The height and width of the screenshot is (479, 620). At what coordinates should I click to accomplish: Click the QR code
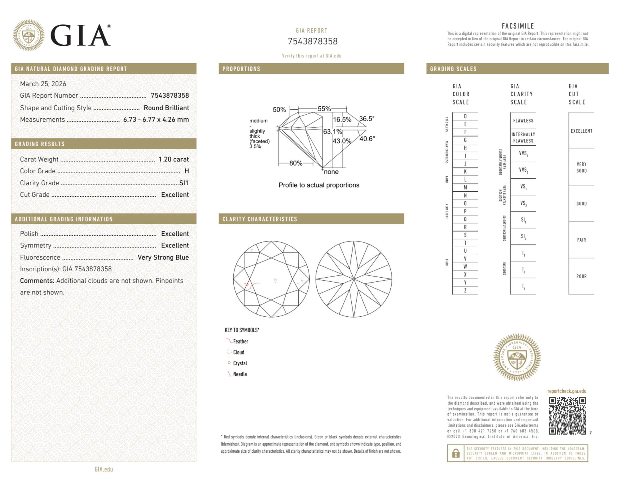pos(567,416)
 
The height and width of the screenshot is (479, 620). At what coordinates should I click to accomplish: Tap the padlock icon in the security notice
pos(455,453)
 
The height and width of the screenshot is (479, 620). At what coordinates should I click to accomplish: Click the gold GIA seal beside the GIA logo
pos(29,35)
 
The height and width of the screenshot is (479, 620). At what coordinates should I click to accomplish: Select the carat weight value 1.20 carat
pos(174,159)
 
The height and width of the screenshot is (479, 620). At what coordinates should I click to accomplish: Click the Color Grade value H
pos(187,171)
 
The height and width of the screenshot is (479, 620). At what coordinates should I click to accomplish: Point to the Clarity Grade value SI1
pos(184,183)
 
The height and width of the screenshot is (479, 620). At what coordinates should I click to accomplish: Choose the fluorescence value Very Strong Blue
pos(163,257)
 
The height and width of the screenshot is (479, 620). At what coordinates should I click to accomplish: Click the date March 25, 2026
pos(43,84)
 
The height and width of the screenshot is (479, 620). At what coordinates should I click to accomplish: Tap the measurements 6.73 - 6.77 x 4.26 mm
pos(156,120)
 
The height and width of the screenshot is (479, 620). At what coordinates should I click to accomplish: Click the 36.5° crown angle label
pos(367,119)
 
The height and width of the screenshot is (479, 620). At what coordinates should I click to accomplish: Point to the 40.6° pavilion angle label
pos(367,139)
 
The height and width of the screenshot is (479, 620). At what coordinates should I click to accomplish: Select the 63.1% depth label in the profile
pos(332,132)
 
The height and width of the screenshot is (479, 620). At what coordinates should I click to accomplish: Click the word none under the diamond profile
pos(331,172)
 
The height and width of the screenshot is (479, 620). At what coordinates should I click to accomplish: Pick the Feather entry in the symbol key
pos(240,341)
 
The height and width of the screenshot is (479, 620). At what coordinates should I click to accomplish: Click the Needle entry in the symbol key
pos(240,374)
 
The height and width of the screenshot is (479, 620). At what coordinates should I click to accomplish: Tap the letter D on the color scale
pos(465,116)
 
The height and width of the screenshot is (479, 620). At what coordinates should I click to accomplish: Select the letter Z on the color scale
pos(465,290)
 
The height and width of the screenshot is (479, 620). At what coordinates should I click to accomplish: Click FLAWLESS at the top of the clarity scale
pos(523,121)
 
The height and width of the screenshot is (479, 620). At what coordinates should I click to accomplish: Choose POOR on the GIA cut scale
pos(581,276)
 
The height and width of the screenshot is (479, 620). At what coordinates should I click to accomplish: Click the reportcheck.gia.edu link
pos(567,391)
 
